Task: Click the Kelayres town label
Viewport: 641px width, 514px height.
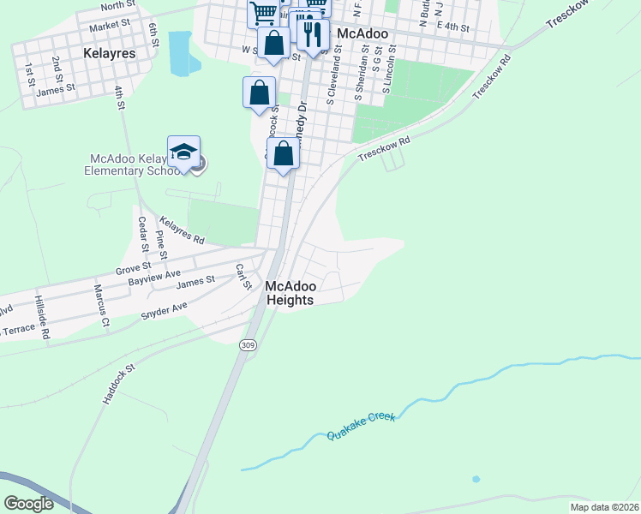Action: pos(111,52)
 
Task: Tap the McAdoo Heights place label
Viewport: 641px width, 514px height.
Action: pos(291,293)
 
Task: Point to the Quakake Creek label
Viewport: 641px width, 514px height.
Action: pos(361,426)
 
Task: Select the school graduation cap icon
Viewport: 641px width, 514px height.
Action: pos(183,152)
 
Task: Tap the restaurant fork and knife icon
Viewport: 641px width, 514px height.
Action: pos(313,33)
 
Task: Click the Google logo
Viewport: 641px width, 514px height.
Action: pos(29,504)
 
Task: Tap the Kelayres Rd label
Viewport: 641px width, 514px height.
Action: pos(183,230)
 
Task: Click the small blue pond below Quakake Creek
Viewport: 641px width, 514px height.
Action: pos(476,479)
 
